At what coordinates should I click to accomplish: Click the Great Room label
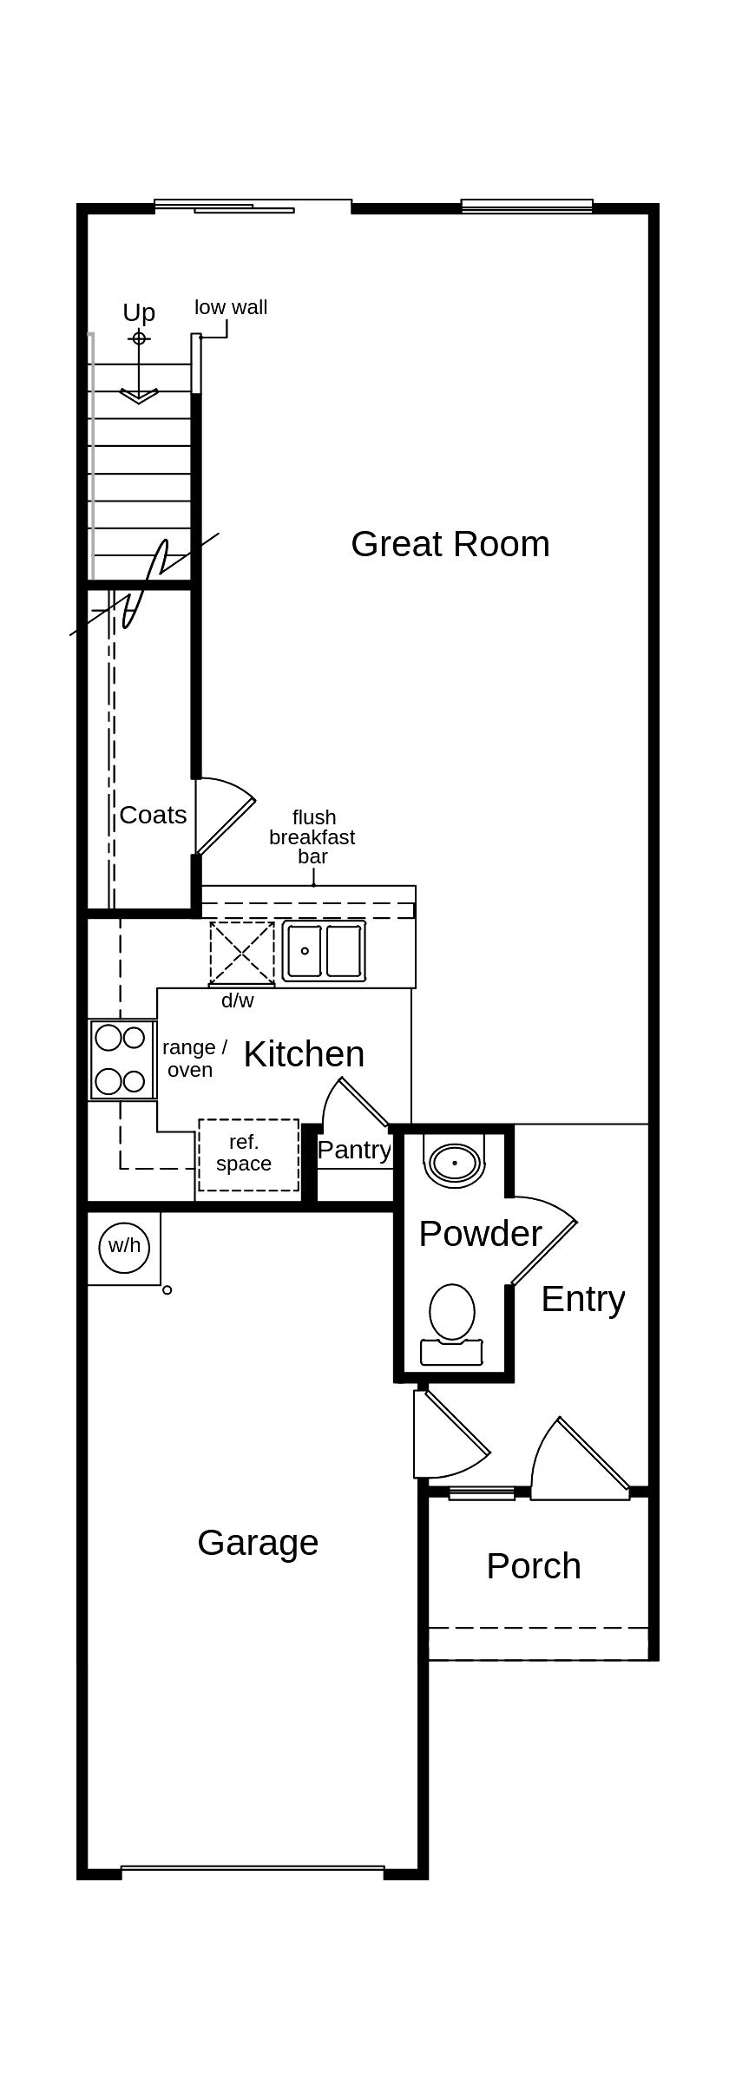click(450, 544)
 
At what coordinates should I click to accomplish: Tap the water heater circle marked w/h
click(124, 1246)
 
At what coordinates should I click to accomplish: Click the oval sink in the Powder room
click(454, 1162)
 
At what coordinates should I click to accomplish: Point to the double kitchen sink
click(324, 951)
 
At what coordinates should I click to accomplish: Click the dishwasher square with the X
click(241, 953)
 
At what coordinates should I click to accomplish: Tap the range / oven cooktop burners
click(121, 1059)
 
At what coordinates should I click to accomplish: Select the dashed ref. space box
click(248, 1154)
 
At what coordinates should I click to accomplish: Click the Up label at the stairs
click(139, 312)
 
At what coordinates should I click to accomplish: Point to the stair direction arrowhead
click(139, 397)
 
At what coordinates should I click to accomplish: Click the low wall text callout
click(231, 307)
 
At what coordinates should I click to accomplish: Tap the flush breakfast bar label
click(312, 836)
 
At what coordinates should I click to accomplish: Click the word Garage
click(258, 1543)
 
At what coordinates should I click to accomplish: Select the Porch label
click(534, 1566)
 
